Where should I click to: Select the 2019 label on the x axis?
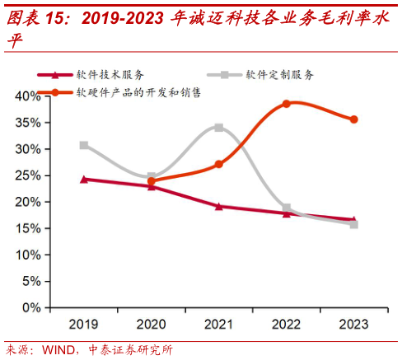(x=83, y=324)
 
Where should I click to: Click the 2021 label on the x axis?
(x=218, y=324)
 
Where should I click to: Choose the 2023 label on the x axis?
(x=353, y=324)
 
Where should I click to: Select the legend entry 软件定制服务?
(x=279, y=75)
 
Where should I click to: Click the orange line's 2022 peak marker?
(x=287, y=104)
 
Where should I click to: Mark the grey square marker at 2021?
(x=218, y=128)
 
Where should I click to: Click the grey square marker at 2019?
(x=84, y=145)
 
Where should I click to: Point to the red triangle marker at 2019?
(x=84, y=179)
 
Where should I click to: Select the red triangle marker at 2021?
(x=218, y=206)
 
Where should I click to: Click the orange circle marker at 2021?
(x=218, y=165)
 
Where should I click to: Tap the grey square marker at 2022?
(x=287, y=208)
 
